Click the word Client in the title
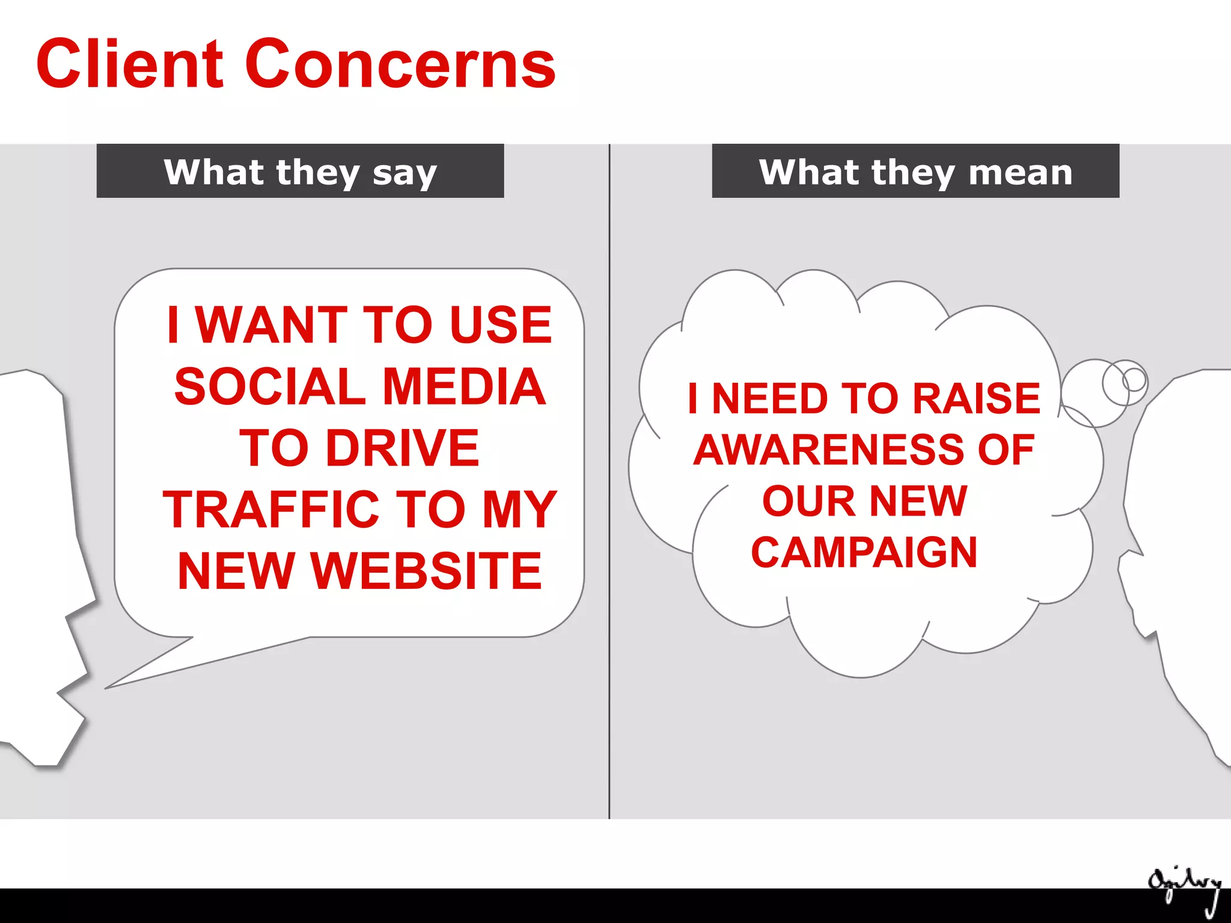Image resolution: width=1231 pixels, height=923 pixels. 130,64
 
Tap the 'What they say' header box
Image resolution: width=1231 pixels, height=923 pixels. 300,171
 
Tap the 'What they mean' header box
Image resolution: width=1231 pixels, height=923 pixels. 915,171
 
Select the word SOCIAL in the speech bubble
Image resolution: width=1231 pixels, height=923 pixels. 270,386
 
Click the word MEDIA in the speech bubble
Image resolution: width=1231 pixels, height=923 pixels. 463,386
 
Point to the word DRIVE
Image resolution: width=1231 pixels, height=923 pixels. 402,448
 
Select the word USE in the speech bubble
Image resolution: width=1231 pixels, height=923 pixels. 500,325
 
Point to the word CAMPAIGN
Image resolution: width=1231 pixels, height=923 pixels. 864,552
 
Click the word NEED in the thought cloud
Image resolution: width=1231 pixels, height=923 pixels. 770,398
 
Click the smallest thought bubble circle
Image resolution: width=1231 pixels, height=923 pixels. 1134,379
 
